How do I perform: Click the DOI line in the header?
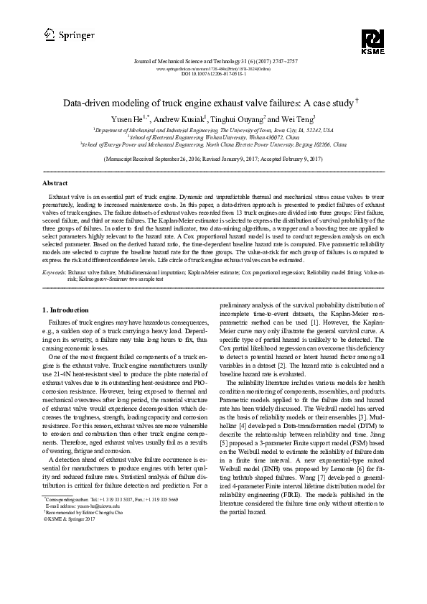point(214,74)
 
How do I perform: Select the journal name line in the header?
point(214,62)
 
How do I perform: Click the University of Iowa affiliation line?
point(214,131)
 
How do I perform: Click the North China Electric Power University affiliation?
point(214,144)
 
